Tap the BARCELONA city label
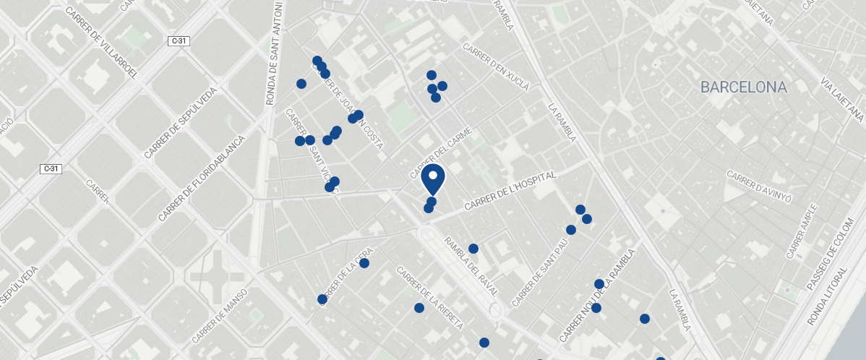pos(743,87)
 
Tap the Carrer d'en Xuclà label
pos(496,67)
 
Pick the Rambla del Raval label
pos(471,267)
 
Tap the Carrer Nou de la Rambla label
pos(599,296)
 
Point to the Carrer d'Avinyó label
pos(760,187)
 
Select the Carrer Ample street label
pos(803,232)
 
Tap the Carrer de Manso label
pos(220,317)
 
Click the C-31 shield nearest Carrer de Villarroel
pos(179,41)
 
